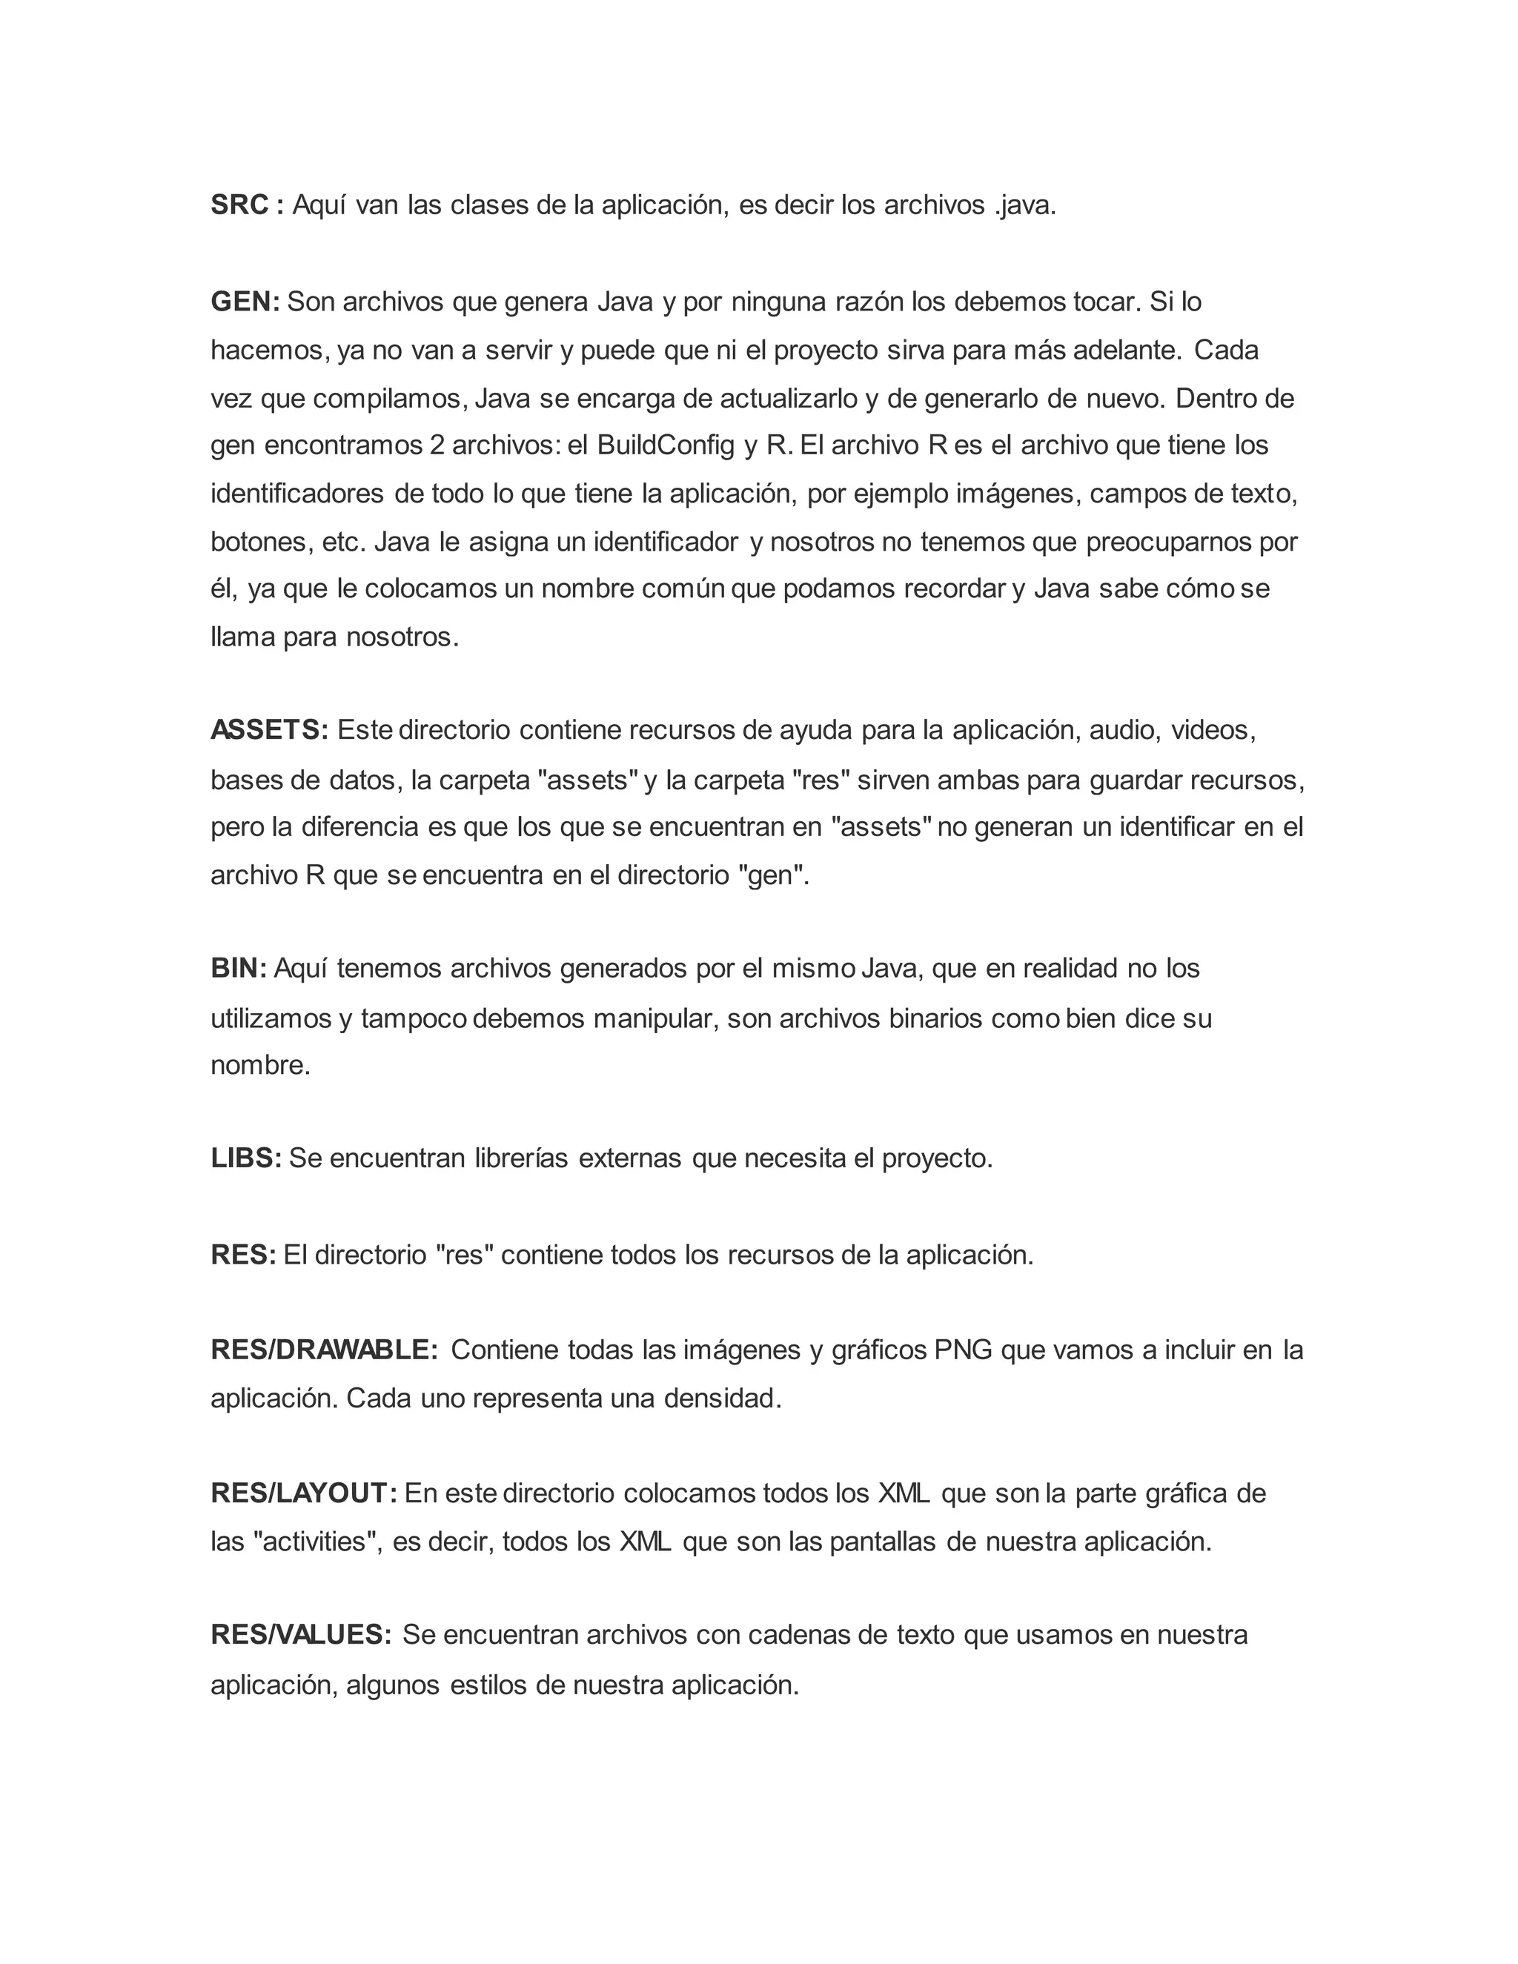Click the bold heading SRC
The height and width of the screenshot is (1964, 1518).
click(239, 206)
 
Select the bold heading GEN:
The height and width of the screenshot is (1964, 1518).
click(245, 302)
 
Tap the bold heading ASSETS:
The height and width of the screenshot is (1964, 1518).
click(270, 730)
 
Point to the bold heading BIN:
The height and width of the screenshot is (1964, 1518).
click(239, 969)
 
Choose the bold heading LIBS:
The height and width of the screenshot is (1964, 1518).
click(246, 1158)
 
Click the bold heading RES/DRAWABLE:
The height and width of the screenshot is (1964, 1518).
click(324, 1350)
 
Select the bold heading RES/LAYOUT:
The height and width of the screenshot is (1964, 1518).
click(304, 1493)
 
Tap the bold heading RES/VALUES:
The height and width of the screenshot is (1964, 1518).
click(301, 1635)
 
